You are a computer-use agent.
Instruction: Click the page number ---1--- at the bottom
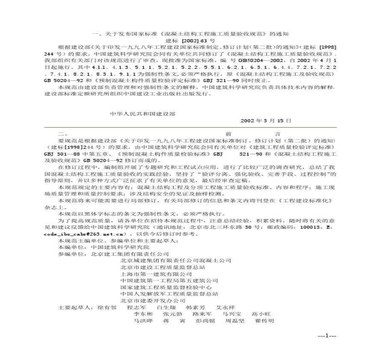tap(327, 336)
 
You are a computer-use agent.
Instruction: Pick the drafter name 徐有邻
tap(107, 307)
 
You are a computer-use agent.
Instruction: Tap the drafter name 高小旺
tap(260, 314)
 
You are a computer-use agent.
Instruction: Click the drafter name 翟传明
tap(264, 321)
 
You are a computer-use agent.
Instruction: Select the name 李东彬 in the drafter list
tap(143, 314)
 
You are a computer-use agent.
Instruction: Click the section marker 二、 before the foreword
tap(61, 133)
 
